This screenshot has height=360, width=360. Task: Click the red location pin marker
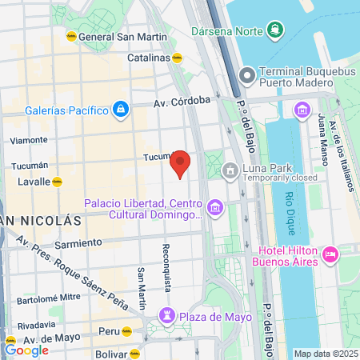click(181, 163)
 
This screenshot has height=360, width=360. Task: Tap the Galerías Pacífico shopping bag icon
click(119, 108)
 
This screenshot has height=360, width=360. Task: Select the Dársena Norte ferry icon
click(276, 31)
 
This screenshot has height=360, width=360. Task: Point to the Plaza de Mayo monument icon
click(166, 316)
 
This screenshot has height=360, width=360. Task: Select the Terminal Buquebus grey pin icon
click(246, 76)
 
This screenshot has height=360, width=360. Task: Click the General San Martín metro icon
click(71, 36)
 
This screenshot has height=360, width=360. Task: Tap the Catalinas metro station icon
click(178, 58)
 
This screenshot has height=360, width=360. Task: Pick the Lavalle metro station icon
click(57, 182)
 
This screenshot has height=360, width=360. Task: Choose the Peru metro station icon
click(126, 330)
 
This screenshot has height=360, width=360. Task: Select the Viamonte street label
click(28, 140)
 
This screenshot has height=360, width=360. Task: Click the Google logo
click(26, 350)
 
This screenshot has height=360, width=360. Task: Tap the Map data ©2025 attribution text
click(325, 354)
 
